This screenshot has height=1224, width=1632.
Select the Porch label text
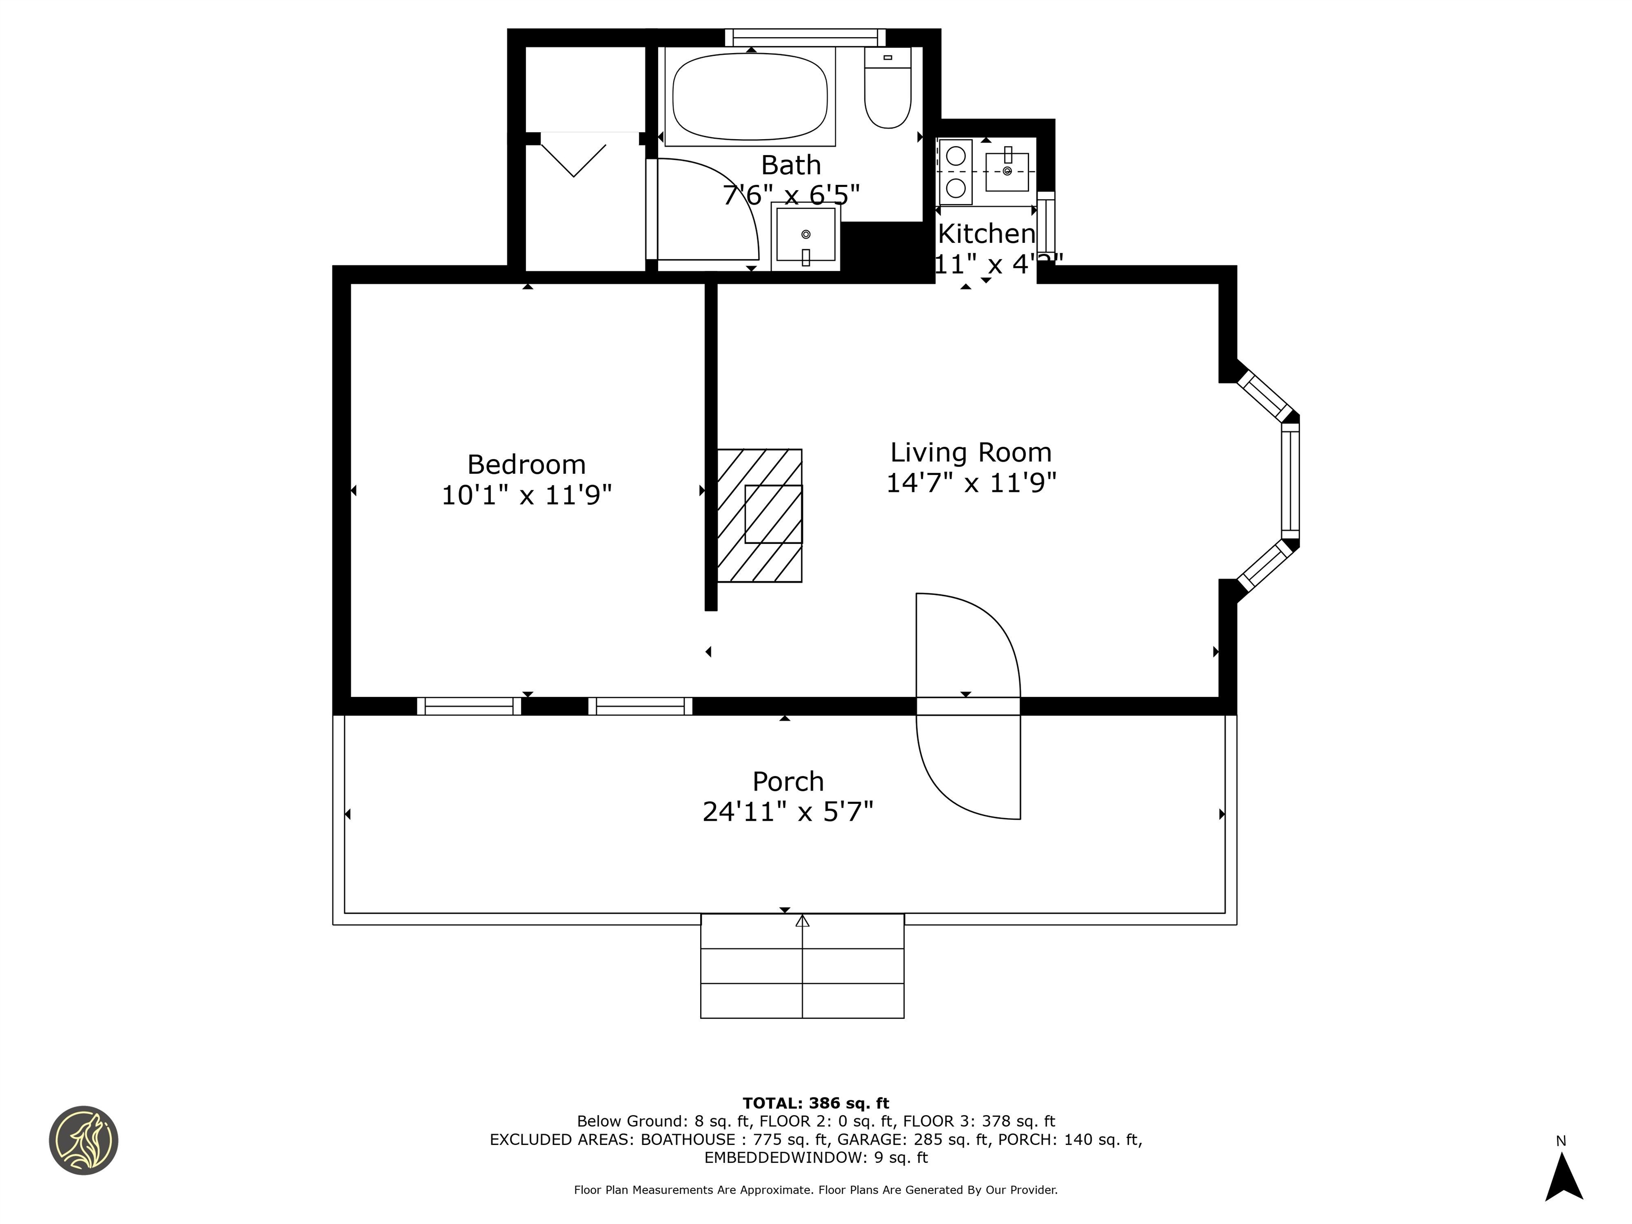click(787, 781)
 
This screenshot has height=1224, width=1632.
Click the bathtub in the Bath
click(750, 97)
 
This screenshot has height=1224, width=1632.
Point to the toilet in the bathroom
click(888, 92)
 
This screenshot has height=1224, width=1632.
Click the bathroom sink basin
click(806, 235)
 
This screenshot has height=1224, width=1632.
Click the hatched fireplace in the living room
click(759, 515)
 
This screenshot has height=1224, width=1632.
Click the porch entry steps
click(802, 966)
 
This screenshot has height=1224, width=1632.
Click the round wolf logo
click(83, 1140)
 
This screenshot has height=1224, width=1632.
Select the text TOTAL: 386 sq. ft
click(815, 1103)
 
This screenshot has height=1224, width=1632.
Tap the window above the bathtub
click(805, 36)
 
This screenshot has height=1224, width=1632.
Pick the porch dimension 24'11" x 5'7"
click(787, 812)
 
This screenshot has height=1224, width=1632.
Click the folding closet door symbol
click(573, 156)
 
